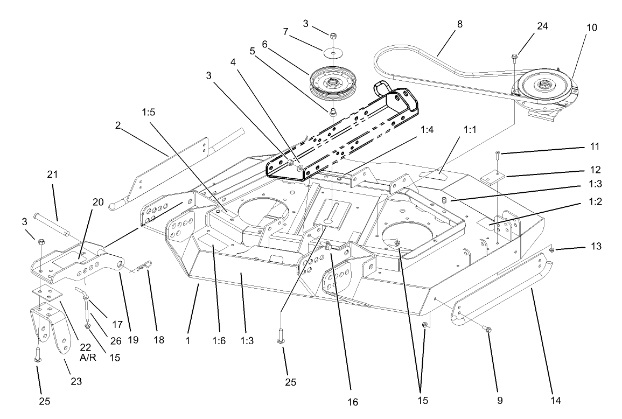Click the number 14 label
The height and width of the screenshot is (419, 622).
(x=556, y=400)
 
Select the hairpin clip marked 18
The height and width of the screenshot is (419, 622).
(x=144, y=264)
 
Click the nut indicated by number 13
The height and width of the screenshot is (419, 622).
(x=554, y=249)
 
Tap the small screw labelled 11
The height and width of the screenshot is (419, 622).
(x=498, y=156)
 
